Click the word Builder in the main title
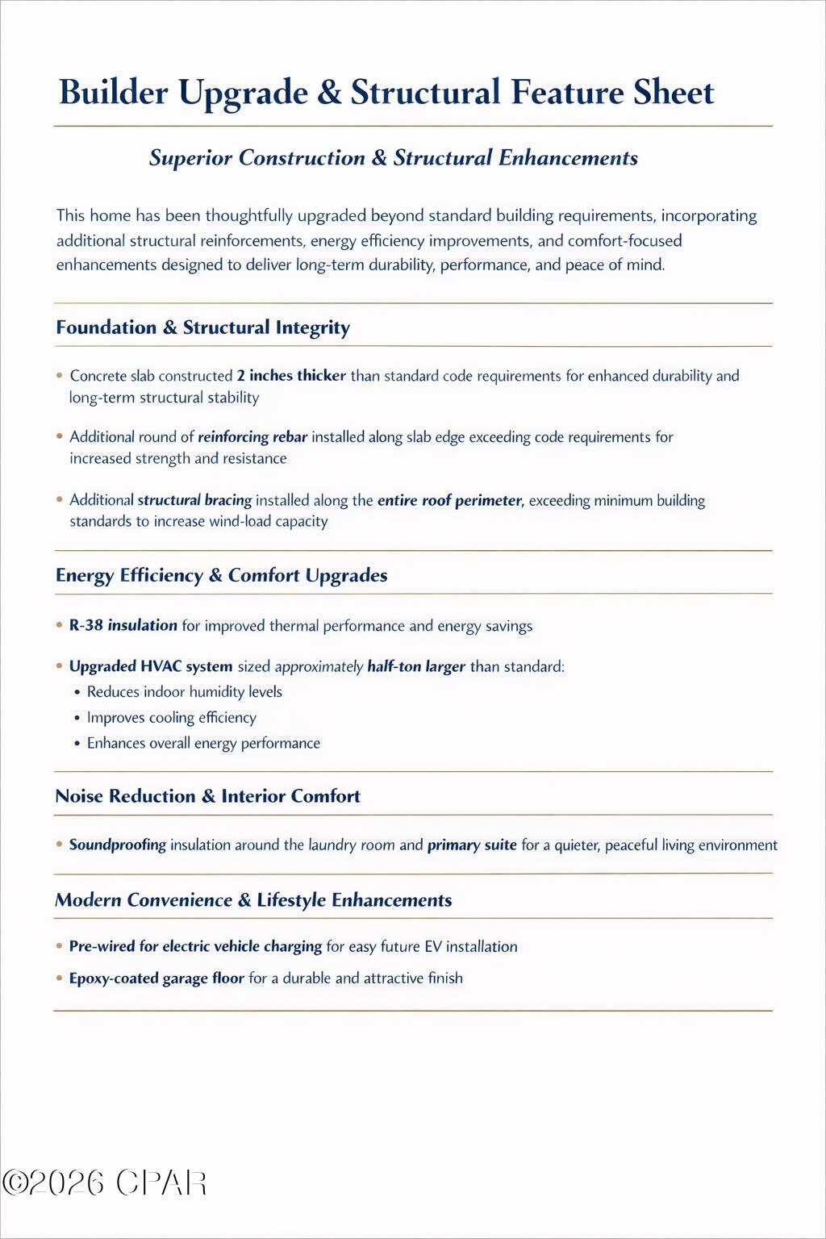tap(114, 92)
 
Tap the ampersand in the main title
tap(329, 92)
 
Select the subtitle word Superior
tap(190, 157)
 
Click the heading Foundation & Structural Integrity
tap(202, 327)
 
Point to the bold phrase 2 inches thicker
tap(291, 375)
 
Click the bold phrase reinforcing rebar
tap(252, 437)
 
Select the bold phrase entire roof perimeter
tap(450, 500)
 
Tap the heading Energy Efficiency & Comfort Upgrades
tap(221, 575)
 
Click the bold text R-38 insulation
tap(123, 625)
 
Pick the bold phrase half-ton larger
tap(416, 666)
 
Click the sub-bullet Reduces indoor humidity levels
tap(184, 692)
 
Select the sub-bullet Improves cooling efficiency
tap(171, 718)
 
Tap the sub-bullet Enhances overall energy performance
tap(203, 743)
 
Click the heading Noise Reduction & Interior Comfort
tap(207, 796)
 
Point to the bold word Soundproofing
tap(118, 845)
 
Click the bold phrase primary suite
tap(472, 845)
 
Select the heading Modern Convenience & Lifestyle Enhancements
tap(253, 900)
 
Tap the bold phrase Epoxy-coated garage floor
tap(156, 978)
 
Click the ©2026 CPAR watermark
tap(105, 1183)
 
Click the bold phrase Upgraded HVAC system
tap(151, 666)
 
